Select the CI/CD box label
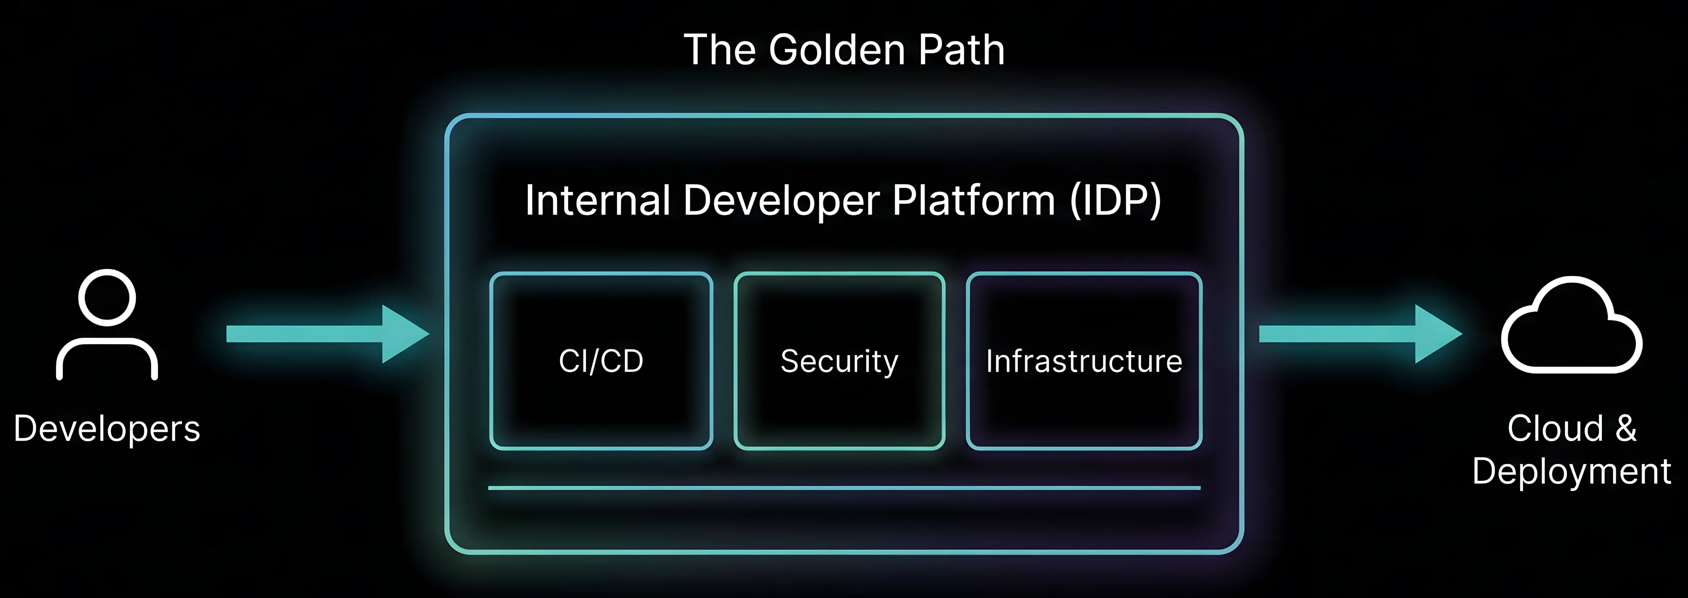tap(601, 360)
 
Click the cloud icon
tap(1571, 328)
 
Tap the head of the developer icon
tap(107, 297)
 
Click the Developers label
tap(107, 429)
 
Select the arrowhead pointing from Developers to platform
tap(403, 334)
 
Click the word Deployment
tap(1571, 471)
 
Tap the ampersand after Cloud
tap(1626, 428)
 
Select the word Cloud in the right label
tap(1555, 428)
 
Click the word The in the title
tap(719, 50)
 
